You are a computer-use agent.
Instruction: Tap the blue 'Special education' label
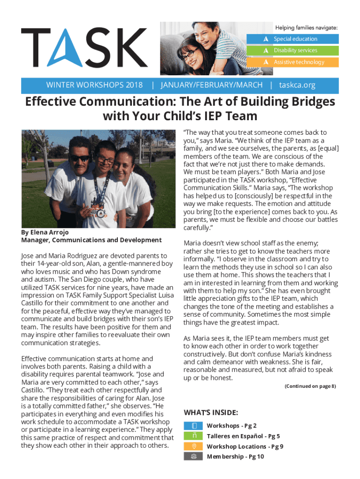(295, 39)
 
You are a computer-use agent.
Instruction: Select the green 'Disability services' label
(295, 50)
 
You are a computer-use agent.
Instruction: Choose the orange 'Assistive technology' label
(299, 62)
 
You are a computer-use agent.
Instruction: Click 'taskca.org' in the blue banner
(297, 85)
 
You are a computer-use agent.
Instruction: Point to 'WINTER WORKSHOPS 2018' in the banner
(94, 85)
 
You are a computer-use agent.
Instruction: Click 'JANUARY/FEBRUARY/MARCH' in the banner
(211, 85)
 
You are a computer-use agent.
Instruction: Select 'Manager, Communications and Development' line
(92, 240)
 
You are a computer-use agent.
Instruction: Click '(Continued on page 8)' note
(310, 386)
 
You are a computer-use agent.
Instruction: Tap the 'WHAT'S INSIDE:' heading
(211, 413)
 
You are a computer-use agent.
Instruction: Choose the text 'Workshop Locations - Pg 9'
(245, 446)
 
